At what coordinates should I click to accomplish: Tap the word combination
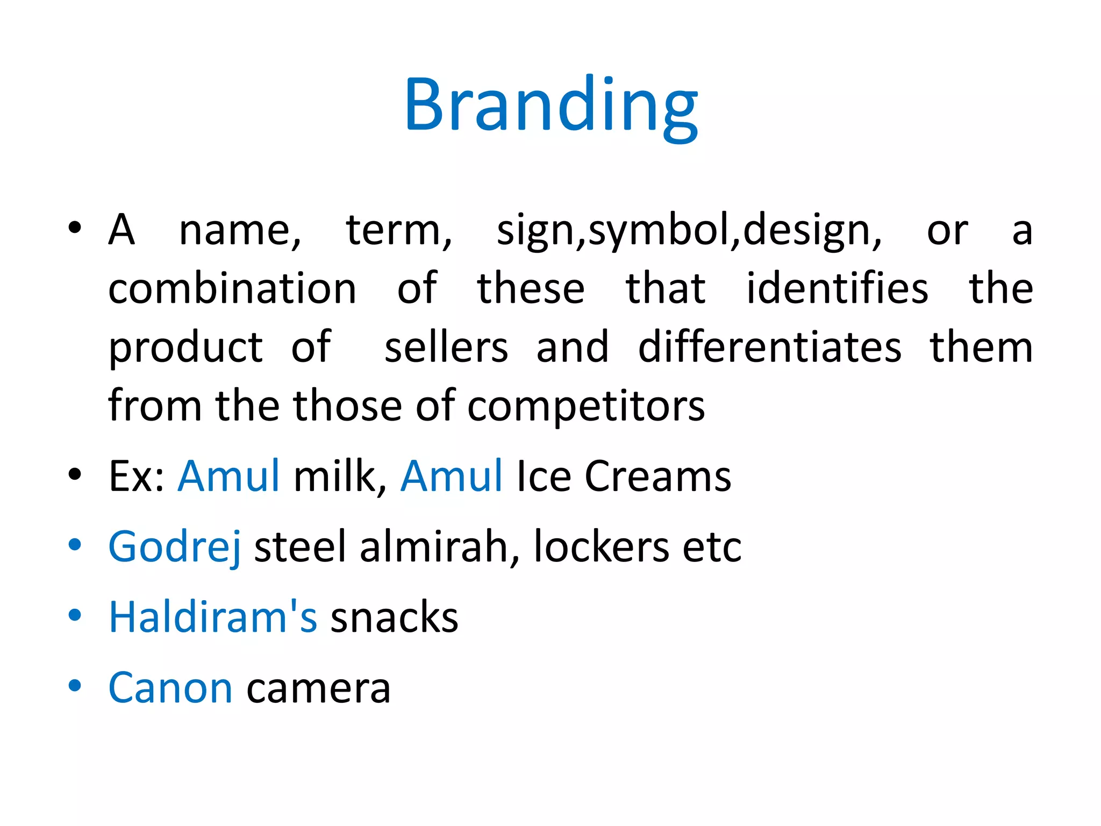click(x=232, y=289)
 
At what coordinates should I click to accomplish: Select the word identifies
click(x=837, y=289)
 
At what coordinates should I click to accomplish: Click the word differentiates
click(x=770, y=347)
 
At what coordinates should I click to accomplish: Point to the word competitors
click(x=586, y=406)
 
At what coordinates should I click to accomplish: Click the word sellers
click(x=446, y=347)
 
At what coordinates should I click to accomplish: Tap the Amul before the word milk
click(x=229, y=476)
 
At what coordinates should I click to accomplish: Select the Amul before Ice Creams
click(x=452, y=476)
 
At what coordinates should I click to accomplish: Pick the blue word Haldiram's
click(x=213, y=617)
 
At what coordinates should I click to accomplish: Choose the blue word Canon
click(x=170, y=687)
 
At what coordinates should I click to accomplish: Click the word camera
click(x=318, y=688)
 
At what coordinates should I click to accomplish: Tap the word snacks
click(x=394, y=617)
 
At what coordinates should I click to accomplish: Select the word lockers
click(x=601, y=546)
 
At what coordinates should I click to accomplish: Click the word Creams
click(x=657, y=476)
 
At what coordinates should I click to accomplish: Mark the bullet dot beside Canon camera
click(x=75, y=686)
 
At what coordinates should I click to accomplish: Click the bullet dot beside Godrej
click(x=75, y=544)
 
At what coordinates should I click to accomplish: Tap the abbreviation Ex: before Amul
click(x=137, y=476)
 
